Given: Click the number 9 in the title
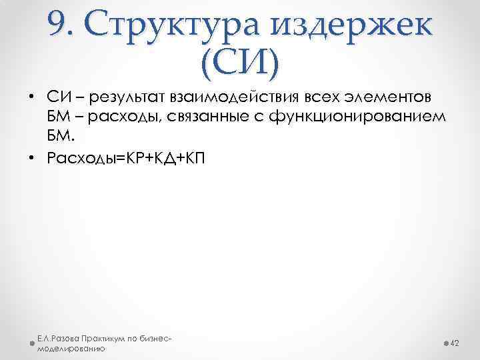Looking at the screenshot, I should tap(56, 25).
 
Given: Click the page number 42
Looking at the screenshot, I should tap(456, 343).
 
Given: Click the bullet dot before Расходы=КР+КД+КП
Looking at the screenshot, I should tap(31, 157).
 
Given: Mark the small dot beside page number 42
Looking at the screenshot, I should tap(445, 343).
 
